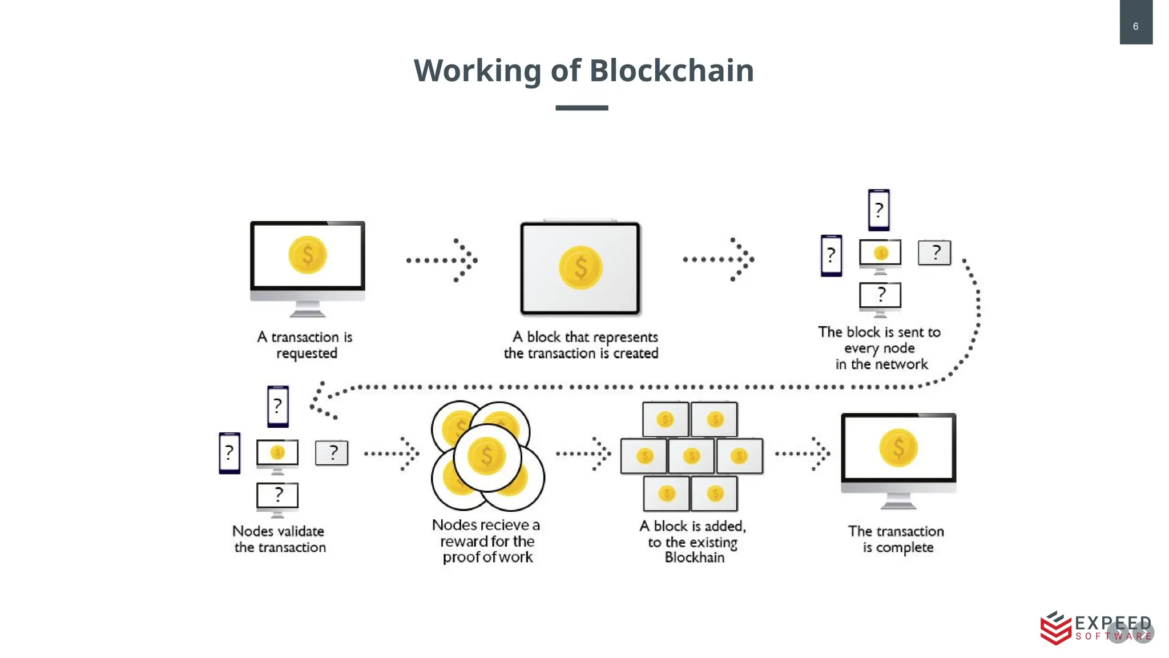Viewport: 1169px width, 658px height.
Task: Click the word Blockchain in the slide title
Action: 671,71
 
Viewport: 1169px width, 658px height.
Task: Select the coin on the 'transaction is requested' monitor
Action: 308,255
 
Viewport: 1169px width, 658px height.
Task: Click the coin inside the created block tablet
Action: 581,267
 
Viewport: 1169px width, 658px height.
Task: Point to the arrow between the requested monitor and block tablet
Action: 442,260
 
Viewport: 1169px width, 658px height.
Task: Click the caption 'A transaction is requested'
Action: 305,344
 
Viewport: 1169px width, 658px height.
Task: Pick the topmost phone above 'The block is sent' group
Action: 878,210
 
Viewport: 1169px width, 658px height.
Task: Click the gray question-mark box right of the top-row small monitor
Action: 934,252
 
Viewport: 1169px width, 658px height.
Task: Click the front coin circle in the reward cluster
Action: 487,456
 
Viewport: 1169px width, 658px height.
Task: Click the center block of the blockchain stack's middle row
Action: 691,456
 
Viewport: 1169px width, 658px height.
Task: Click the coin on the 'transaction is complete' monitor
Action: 898,448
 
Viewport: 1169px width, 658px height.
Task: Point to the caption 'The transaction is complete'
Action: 897,539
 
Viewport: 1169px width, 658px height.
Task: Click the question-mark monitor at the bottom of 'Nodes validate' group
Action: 277,496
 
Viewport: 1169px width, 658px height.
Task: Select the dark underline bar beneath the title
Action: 582,107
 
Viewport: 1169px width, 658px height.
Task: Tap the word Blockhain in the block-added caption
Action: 694,557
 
